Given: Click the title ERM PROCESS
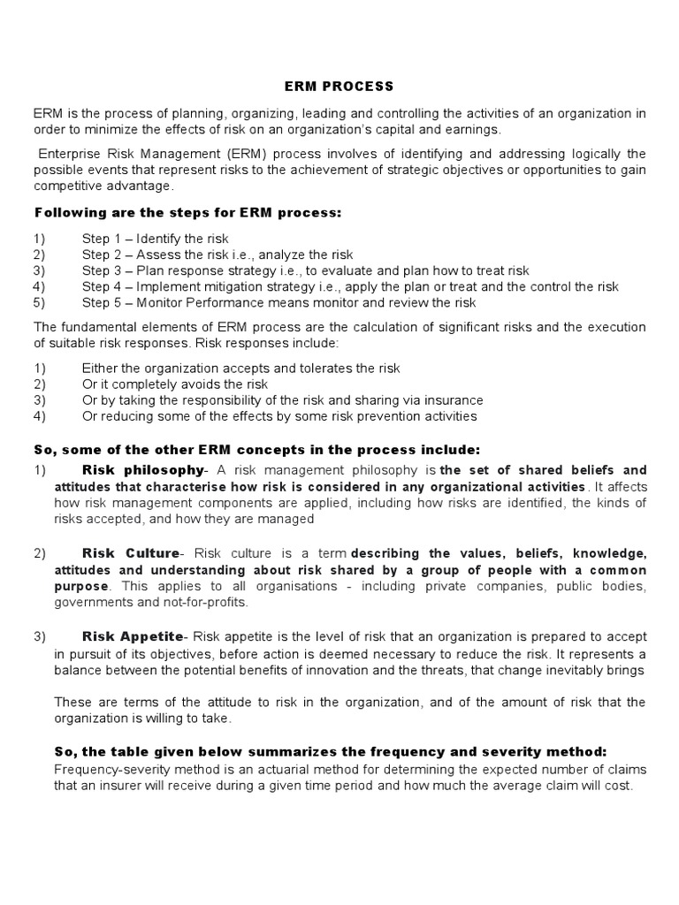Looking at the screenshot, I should (339, 87).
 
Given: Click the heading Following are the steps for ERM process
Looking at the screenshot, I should (187, 213).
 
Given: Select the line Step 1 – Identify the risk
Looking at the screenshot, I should (156, 239).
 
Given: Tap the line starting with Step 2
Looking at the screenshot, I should (217, 255).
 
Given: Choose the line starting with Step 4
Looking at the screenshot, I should (350, 286).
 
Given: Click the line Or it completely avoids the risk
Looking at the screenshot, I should (175, 384).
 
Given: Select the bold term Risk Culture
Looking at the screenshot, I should (131, 553).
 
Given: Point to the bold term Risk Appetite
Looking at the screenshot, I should (133, 636).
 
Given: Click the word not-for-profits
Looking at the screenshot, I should (206, 603).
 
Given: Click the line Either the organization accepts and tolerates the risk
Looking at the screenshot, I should (240, 369).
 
